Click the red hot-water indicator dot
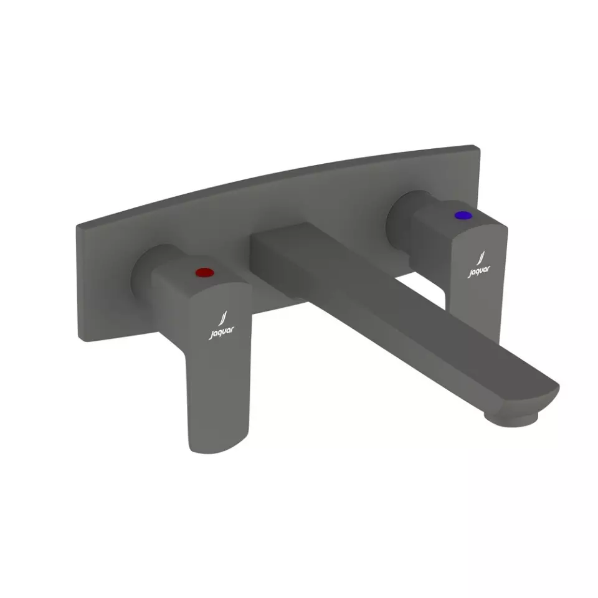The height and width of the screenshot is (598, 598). point(203,272)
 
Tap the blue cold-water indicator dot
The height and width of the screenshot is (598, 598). point(462,216)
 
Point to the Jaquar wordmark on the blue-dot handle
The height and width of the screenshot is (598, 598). point(478,270)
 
